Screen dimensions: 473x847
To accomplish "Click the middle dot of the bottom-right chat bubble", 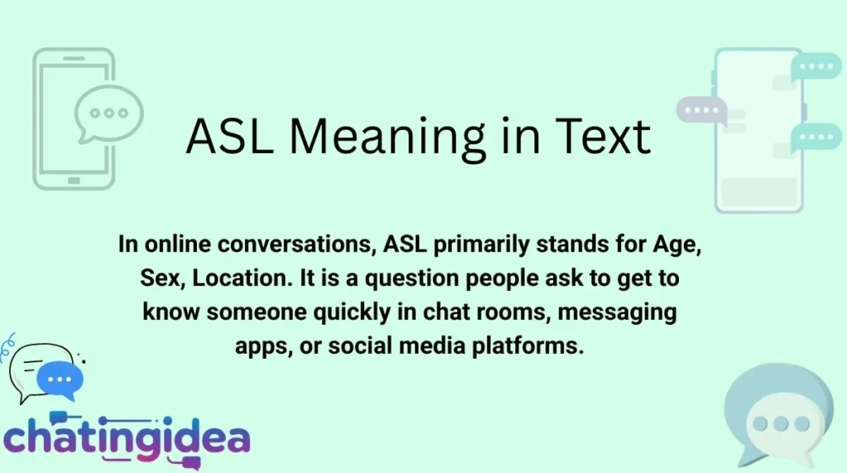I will pos(780,424).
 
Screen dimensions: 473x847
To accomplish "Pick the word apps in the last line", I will pos(262,346).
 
